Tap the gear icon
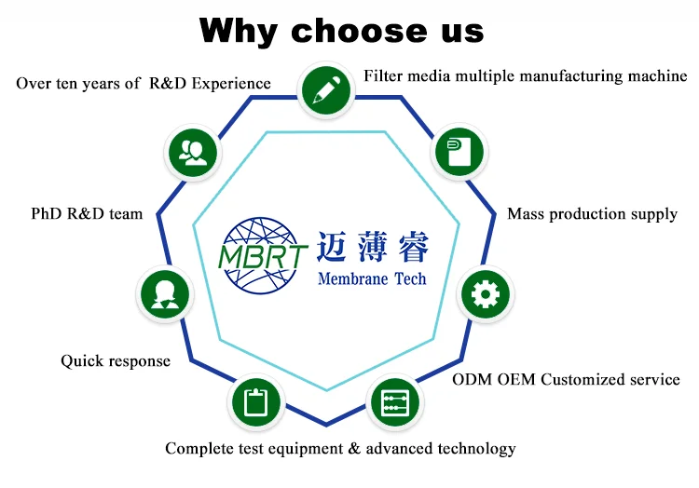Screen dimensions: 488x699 click(485, 295)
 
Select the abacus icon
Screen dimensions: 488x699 click(395, 403)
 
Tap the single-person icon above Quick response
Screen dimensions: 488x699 click(165, 293)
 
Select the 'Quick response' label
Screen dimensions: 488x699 click(116, 360)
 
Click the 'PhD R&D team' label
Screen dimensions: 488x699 click(87, 214)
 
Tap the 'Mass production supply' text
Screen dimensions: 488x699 click(592, 214)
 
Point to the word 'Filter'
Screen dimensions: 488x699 click(384, 75)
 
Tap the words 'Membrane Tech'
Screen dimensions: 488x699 click(372, 278)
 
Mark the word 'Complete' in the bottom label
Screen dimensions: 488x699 click(201, 449)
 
